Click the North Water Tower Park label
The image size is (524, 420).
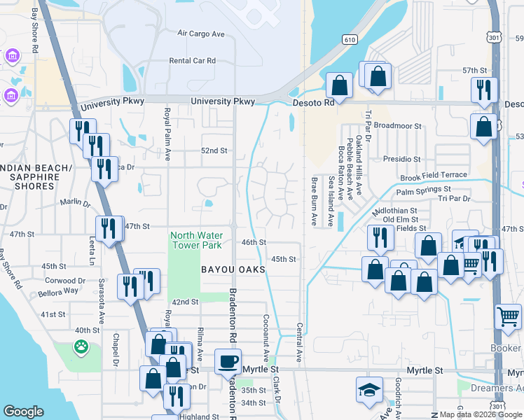(197, 239)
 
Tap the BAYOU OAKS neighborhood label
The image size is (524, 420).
(233, 269)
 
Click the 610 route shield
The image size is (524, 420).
(350, 41)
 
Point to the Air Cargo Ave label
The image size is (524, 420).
(200, 33)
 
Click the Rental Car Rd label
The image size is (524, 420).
(192, 61)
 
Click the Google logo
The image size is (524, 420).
(23, 412)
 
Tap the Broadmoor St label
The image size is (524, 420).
(398, 126)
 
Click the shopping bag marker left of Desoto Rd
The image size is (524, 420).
(340, 87)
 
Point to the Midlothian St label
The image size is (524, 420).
(394, 210)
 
